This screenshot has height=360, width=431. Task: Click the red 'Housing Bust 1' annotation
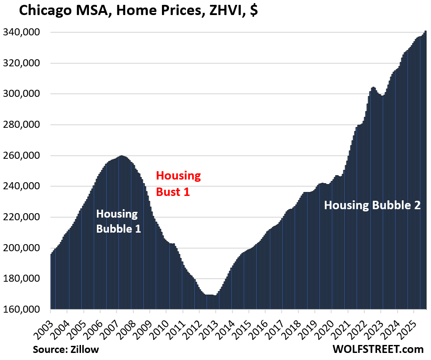tap(178, 184)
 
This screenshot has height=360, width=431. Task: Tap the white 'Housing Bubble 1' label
tap(118, 222)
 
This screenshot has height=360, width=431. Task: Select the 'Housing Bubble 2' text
tap(372, 205)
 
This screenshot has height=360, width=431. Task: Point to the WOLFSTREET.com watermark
tap(378, 349)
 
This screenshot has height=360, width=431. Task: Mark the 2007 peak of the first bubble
tap(122, 157)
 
